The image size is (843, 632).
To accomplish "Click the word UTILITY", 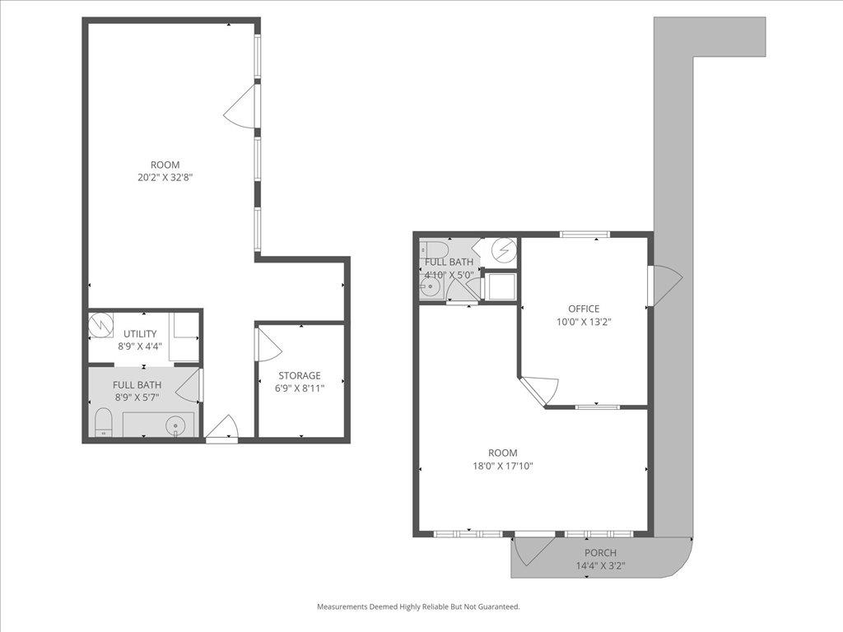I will click(140, 333).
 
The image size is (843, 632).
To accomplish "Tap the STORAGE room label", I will click(299, 375).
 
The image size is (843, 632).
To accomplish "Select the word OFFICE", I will click(584, 309).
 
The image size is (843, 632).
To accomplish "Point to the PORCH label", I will click(600, 552).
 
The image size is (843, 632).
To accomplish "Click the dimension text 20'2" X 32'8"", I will click(165, 177).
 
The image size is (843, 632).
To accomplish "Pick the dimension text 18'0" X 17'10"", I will click(502, 466).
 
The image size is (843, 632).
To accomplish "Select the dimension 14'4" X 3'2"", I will click(600, 565).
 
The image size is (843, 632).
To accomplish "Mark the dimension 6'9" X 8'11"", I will click(299, 388).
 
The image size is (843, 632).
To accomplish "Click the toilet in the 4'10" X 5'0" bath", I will click(434, 249).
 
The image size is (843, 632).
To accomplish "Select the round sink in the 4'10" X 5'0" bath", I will click(429, 287).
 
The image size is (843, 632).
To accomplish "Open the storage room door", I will click(268, 345).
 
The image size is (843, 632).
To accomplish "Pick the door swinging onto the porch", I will click(533, 549).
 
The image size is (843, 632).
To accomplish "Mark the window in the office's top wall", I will click(585, 235).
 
